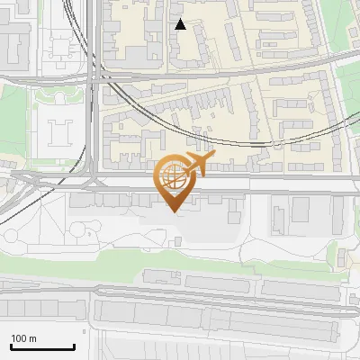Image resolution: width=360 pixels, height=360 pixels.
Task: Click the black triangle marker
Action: (x=180, y=25)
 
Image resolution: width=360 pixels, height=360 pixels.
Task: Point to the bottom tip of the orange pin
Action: (x=174, y=212)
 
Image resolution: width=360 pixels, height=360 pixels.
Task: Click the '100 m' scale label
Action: (x=23, y=338)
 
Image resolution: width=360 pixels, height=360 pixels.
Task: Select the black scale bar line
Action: (x=42, y=347)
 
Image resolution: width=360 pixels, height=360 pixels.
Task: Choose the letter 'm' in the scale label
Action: (x=33, y=338)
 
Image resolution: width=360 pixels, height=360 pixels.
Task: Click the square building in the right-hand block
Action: (x=300, y=210)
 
